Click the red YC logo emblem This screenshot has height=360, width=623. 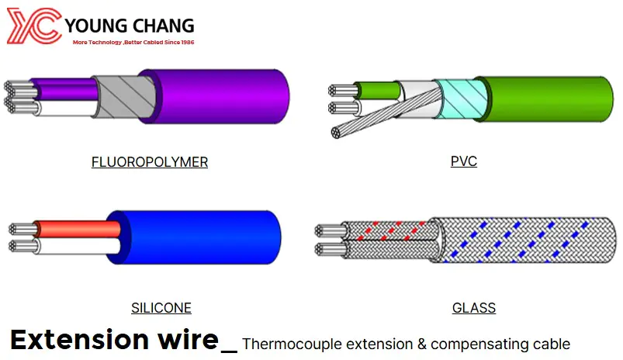pyautogui.click(x=35, y=26)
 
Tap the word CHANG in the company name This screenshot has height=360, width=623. pyautogui.click(x=162, y=26)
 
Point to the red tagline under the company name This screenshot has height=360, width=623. pyautogui.click(x=133, y=42)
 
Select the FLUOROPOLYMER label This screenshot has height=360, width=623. pyautogui.click(x=150, y=162)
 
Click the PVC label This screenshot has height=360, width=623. pyautogui.click(x=464, y=161)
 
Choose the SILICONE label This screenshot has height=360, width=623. pyautogui.click(x=161, y=308)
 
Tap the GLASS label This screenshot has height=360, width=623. pyautogui.click(x=474, y=308)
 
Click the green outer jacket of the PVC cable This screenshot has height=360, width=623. pyautogui.click(x=546, y=99)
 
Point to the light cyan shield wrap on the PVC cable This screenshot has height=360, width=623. pyautogui.click(x=461, y=99)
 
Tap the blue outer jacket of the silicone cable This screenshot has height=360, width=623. pyautogui.click(x=195, y=237)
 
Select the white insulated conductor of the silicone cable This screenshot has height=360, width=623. pyautogui.click(x=78, y=247)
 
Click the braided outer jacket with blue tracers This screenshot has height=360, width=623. pyautogui.click(x=522, y=240)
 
